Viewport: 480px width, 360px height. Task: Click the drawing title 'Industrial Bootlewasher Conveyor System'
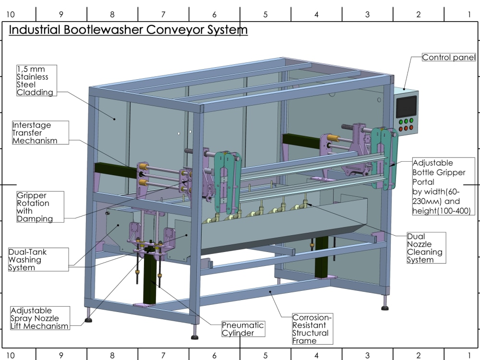(x=128, y=30)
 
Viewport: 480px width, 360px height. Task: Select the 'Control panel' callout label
(x=449, y=57)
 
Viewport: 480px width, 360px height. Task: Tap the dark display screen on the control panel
(x=407, y=107)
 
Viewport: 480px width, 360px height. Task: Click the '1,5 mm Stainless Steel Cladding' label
(x=36, y=81)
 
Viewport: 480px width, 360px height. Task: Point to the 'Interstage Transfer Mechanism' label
(x=40, y=132)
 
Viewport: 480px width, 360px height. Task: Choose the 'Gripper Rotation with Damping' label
(x=40, y=207)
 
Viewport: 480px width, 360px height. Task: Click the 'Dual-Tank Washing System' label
(x=38, y=260)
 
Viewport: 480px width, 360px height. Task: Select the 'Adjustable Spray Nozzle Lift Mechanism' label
(x=40, y=318)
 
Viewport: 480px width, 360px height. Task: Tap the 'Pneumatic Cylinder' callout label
(x=243, y=329)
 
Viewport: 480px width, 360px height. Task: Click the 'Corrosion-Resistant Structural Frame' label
(x=312, y=329)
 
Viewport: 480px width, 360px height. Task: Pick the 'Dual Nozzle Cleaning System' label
(x=426, y=248)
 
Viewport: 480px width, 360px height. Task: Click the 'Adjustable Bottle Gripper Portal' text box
(x=443, y=186)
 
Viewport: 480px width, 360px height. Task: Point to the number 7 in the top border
(x=163, y=14)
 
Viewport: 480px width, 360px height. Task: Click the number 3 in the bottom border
(x=367, y=355)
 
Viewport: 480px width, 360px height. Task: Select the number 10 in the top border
(x=11, y=14)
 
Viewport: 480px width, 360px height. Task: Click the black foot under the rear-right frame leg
(x=385, y=308)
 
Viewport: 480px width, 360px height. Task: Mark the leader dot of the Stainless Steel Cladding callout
(x=115, y=119)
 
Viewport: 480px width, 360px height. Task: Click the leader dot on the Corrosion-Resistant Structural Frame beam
(x=270, y=292)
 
